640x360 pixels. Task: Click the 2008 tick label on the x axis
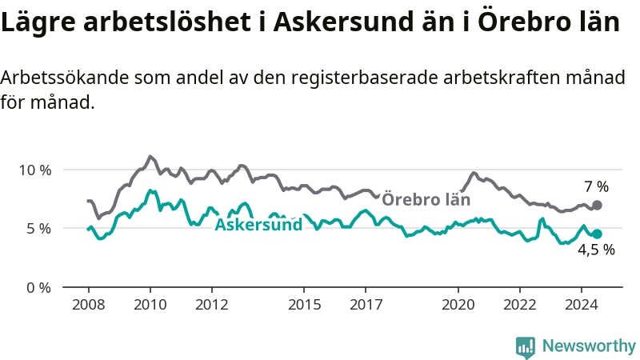89,305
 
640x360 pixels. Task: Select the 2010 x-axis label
150,305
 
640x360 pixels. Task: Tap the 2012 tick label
212,305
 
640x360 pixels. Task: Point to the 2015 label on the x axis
304,305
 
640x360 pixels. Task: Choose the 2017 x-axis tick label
366,305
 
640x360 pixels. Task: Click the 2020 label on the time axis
458,305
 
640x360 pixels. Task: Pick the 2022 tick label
519,305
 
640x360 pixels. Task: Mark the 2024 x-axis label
582,305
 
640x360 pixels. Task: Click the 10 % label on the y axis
35,170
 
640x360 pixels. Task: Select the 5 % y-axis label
39,229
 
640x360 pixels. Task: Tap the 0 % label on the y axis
39,288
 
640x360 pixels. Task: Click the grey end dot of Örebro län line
597,205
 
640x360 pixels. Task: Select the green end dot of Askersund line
597,234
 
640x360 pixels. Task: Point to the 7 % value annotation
596,186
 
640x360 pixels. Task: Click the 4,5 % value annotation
596,250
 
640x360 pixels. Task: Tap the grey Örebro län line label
426,199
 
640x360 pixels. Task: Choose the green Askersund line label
258,225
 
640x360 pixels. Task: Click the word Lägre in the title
38,22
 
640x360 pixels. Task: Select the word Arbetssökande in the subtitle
65,77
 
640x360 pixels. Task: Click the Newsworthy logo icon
526,348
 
